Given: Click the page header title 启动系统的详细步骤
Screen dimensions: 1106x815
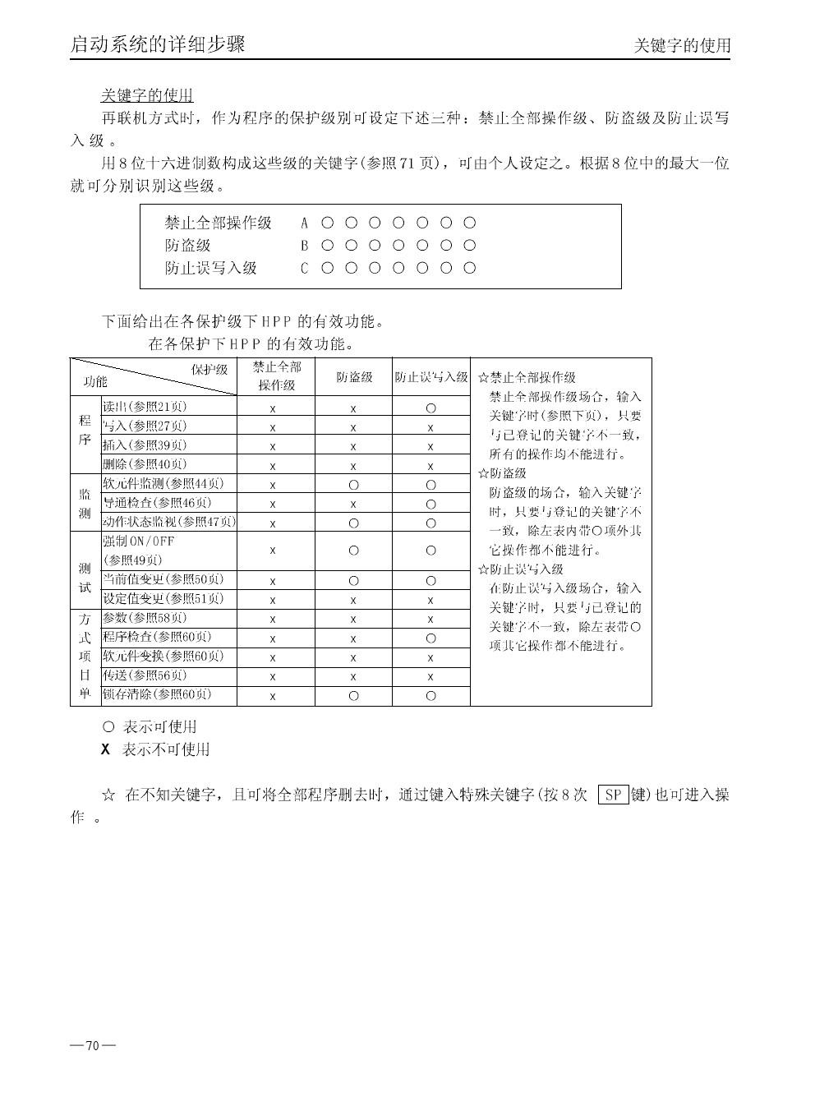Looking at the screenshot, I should click(158, 44).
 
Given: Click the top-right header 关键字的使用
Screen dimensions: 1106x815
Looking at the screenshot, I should click(682, 46).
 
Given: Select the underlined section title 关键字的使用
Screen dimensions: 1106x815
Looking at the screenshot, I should click(147, 96).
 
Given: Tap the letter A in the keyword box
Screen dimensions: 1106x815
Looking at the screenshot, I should click(304, 223).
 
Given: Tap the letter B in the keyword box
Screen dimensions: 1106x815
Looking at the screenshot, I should click(304, 245).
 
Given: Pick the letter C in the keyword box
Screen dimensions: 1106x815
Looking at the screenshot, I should click(304, 268).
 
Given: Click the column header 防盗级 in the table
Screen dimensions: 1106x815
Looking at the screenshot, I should click(354, 377).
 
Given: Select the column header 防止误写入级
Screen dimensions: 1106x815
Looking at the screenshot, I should click(431, 377).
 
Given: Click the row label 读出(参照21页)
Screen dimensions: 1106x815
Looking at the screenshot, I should click(145, 406).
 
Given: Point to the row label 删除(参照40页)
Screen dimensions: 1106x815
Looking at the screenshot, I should click(145, 464).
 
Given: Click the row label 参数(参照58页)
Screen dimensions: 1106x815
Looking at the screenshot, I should click(145, 618).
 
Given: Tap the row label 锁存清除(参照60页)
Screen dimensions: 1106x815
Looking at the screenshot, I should click(157, 695).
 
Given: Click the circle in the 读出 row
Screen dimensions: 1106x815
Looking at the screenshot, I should click(431, 408).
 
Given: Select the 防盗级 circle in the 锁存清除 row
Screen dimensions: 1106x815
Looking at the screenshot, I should click(353, 696).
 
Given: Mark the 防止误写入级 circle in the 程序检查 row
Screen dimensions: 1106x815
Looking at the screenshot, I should click(431, 638).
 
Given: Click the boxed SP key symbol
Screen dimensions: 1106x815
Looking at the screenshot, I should click(613, 795).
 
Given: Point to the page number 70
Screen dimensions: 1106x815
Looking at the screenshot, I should click(92, 1045).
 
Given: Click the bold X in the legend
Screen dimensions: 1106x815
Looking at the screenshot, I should click(105, 749).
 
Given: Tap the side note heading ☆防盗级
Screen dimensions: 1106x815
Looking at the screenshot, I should click(502, 473).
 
